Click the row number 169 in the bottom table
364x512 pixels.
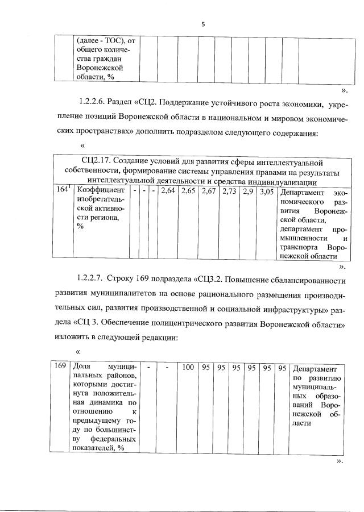tap(60, 368)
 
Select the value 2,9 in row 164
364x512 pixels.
tap(248, 192)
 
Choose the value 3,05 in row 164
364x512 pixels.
tap(265, 192)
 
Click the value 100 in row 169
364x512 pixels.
tap(188, 368)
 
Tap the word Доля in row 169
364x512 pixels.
tap(81, 368)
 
